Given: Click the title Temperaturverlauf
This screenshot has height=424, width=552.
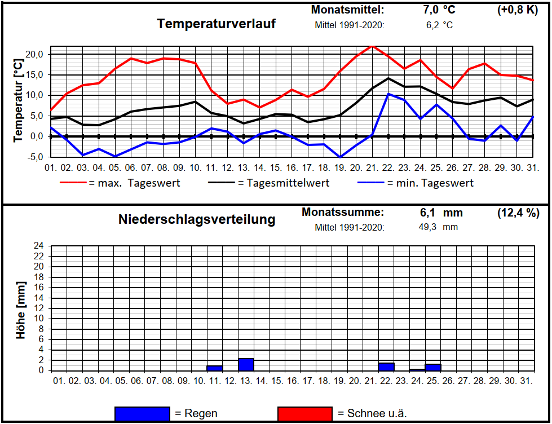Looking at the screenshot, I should click(217, 24).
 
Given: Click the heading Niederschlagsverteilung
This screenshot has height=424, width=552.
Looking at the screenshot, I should click(197, 219).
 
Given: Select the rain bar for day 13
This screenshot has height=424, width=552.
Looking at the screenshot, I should click(246, 365).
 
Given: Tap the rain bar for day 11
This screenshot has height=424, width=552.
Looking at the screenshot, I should click(214, 368).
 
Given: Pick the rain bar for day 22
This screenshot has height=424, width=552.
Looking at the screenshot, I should click(386, 366).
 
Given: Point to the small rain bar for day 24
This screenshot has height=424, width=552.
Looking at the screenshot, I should click(417, 369).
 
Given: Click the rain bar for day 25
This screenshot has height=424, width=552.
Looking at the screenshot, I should click(432, 367).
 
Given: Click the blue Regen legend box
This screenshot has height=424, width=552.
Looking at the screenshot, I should click(142, 413).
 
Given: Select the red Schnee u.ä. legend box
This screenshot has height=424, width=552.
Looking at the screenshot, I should click(304, 413).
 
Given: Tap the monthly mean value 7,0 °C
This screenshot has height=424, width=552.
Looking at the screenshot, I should click(439, 10).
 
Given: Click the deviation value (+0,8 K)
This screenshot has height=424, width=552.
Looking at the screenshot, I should click(517, 10).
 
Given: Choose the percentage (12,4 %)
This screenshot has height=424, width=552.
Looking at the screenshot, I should click(518, 213).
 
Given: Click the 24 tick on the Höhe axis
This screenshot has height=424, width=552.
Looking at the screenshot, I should click(39, 246).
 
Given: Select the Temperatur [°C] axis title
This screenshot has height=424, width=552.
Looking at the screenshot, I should click(18, 94).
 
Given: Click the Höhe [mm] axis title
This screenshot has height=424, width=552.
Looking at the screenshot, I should click(21, 310).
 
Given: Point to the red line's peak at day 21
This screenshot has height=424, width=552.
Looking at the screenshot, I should click(372, 46).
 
